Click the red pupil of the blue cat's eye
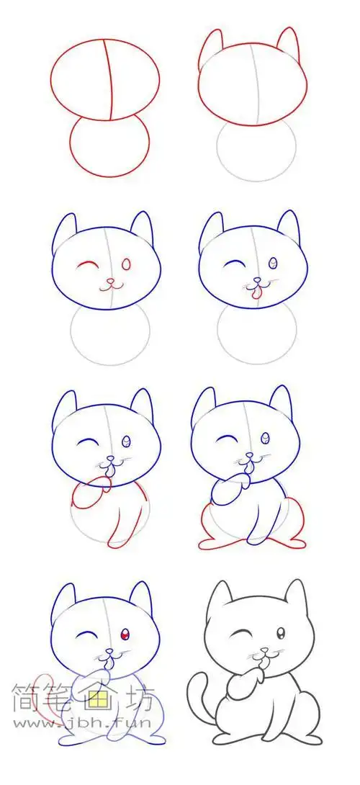click(x=125, y=634)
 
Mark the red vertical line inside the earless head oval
click(x=109, y=81)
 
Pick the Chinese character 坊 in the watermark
click(x=141, y=695)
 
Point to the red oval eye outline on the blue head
click(x=127, y=264)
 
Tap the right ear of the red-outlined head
click(x=287, y=45)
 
